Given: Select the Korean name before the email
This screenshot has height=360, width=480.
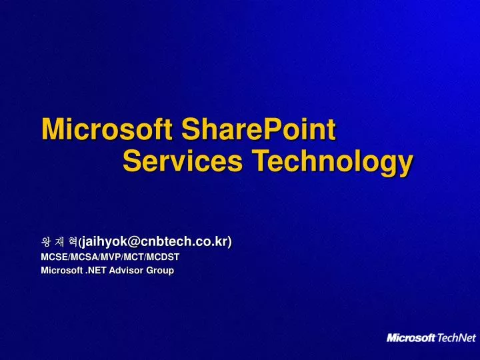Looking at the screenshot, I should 59,242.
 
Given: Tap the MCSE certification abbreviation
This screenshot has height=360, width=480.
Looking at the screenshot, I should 53,256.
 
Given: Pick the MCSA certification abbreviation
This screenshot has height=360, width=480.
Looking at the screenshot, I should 84,256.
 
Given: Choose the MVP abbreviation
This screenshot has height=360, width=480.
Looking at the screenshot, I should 109,256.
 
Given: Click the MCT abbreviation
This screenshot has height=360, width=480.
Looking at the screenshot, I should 133,256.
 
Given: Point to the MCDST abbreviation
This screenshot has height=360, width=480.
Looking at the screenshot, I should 164,256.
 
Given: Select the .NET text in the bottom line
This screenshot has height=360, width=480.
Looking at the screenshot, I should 96,270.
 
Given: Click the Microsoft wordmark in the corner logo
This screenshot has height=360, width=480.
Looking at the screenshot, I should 411,338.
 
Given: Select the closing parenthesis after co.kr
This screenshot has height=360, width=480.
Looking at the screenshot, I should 230,241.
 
